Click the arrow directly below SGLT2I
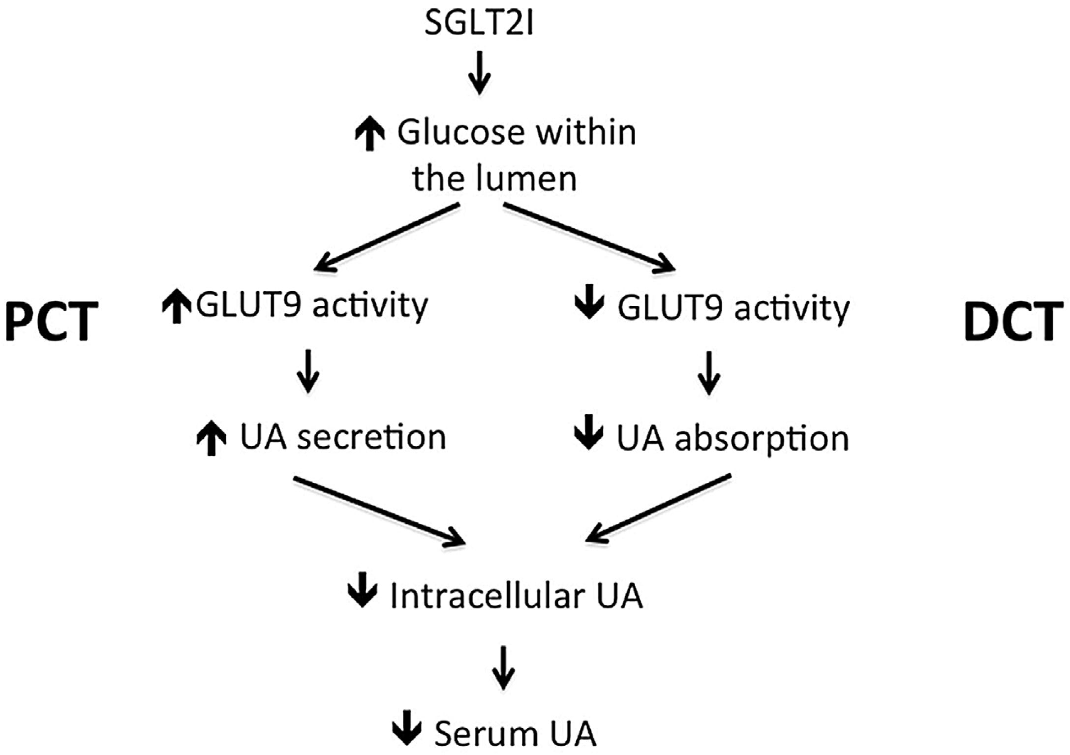(x=479, y=73)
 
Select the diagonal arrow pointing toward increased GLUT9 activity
(x=386, y=238)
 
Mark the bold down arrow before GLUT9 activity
(x=589, y=306)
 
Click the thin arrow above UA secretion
(x=308, y=371)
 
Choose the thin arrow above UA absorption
(x=709, y=372)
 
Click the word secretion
(x=371, y=437)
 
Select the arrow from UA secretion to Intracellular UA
(x=379, y=511)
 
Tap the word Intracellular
(x=487, y=597)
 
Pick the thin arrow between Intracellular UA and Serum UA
(x=503, y=668)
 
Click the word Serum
(x=484, y=734)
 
